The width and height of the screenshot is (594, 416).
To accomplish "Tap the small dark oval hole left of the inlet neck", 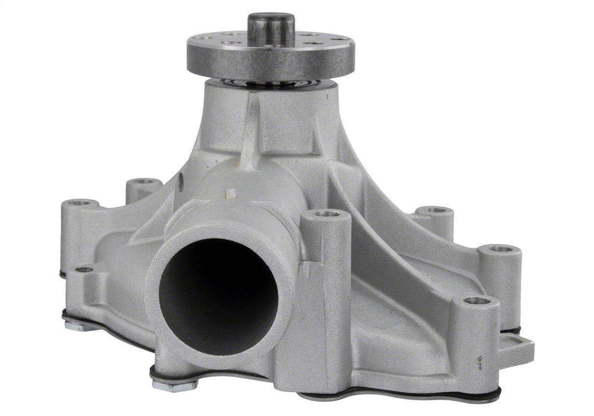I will point(181,182).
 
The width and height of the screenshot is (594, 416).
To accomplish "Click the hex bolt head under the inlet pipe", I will point(174,384).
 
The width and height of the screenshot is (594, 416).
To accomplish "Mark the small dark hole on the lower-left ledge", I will point(84,269).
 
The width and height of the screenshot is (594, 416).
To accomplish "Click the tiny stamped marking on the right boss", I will point(480,362).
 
